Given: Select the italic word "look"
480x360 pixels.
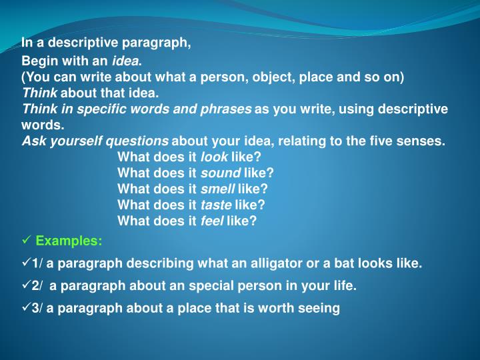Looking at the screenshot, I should pos(213,157).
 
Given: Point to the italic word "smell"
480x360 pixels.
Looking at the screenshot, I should pos(218,189).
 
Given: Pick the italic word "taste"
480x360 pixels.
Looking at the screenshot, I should pos(216,205).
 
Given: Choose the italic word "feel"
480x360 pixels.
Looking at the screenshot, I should pos(212,221).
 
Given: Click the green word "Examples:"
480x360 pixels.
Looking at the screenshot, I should pos(69,241).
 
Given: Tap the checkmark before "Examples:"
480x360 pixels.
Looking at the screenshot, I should pos(27,241).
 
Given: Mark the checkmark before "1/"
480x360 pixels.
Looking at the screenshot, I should pos(27,263).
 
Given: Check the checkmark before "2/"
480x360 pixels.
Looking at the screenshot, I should pos(27,285).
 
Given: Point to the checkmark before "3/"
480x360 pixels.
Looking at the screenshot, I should pos(27,307).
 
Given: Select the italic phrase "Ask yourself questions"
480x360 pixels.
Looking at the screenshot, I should pos(95,141).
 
